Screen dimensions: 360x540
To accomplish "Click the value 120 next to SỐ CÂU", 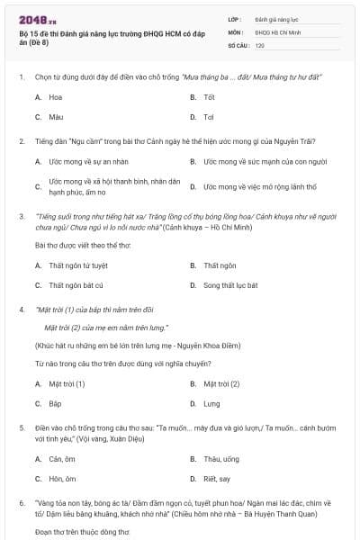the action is [260, 44].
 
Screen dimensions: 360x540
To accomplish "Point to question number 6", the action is [22, 503].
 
